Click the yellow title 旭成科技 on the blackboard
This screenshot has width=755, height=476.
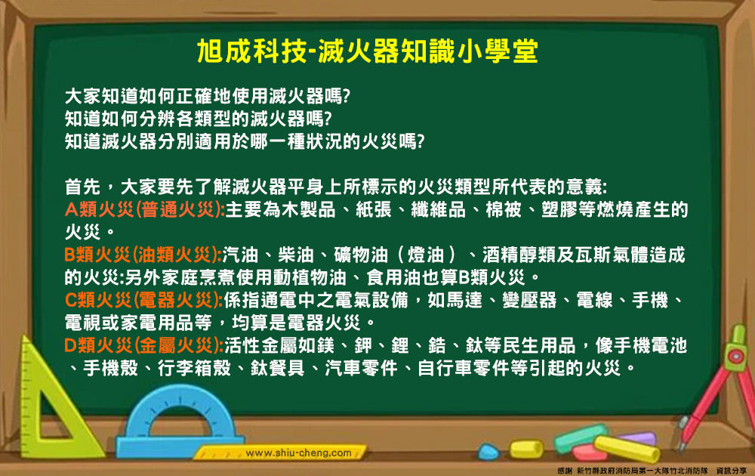coord(251,51)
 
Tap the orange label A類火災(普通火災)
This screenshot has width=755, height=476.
coord(145,209)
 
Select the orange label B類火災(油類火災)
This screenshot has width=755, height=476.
coord(143,255)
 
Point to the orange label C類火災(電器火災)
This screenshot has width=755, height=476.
coord(143,300)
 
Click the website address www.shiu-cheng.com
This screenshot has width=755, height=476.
coord(298,453)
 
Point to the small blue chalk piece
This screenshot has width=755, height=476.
coord(489,451)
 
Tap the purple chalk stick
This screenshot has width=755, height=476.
coord(638,438)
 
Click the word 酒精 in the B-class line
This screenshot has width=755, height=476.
coord(501,255)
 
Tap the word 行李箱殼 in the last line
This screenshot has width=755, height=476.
coord(195,368)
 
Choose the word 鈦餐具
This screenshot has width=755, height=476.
coord(278,368)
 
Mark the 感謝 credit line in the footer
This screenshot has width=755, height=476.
coord(652,471)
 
